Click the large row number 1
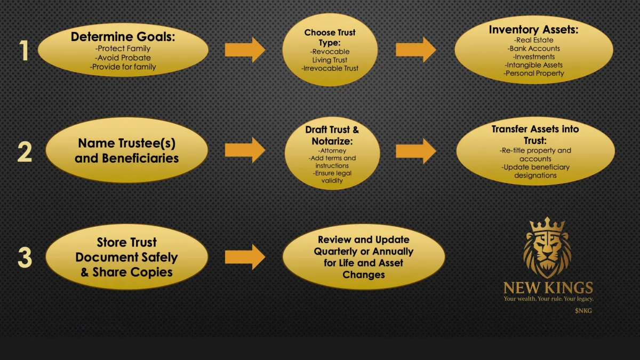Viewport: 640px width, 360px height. click(x=24, y=51)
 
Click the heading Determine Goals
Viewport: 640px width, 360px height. click(x=123, y=37)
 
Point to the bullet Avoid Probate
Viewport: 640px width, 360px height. click(x=124, y=58)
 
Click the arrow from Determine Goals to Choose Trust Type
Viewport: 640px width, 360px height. click(x=245, y=50)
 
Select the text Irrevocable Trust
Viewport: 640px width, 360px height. click(x=330, y=68)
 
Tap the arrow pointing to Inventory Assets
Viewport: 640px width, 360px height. click(x=415, y=50)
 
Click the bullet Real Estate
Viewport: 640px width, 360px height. click(x=533, y=40)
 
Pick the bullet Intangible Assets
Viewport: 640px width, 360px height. click(x=534, y=65)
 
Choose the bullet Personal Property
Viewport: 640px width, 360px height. click(x=533, y=74)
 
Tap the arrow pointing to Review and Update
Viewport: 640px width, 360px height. click(x=245, y=257)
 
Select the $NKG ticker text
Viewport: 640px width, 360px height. click(x=583, y=310)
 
